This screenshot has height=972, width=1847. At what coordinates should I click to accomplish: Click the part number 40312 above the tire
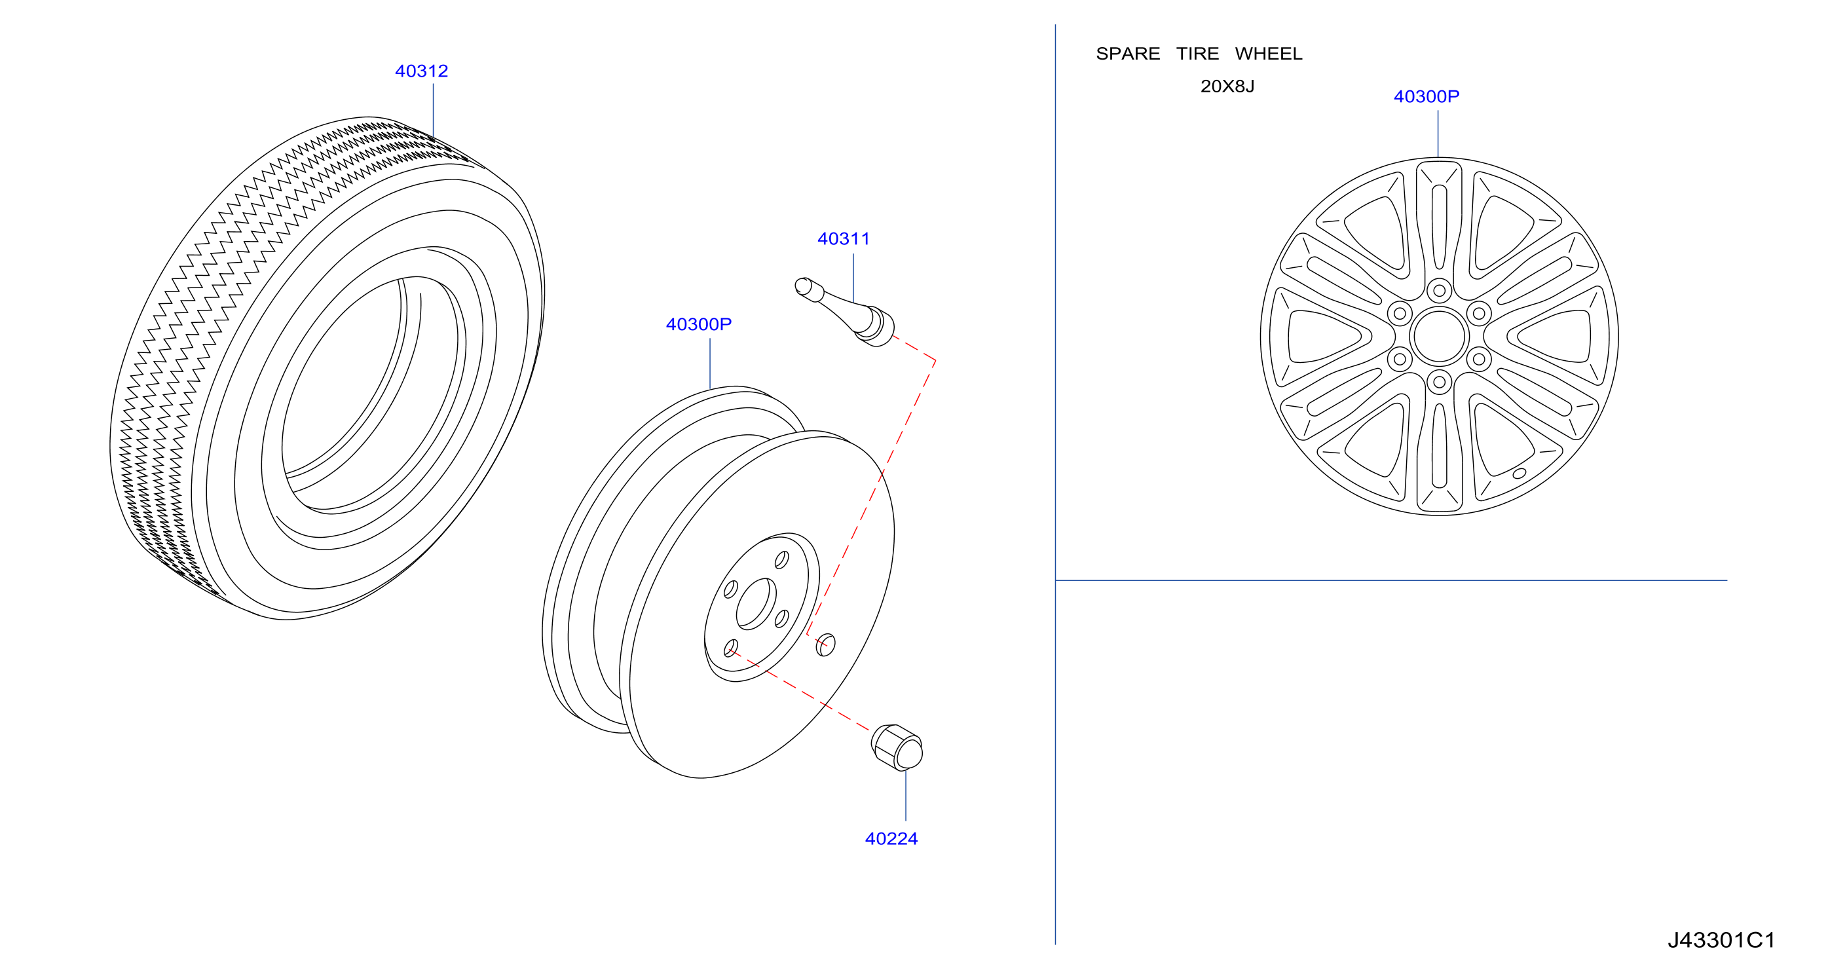[x=422, y=71]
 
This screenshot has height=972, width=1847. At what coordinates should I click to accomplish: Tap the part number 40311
[x=843, y=238]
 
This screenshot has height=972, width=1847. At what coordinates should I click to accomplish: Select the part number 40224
[x=891, y=838]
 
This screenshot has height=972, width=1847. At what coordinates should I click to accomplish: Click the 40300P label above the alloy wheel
[x=1426, y=96]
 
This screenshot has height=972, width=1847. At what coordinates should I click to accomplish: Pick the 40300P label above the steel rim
[x=698, y=324]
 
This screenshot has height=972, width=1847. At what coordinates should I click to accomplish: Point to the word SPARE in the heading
[x=1128, y=54]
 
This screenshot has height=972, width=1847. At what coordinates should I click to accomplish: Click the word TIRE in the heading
[x=1197, y=54]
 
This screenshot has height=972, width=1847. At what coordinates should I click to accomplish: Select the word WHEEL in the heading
[x=1269, y=54]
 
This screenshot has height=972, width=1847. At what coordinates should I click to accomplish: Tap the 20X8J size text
[x=1227, y=86]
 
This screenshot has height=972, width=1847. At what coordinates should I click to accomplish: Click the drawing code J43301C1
[x=1721, y=940]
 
